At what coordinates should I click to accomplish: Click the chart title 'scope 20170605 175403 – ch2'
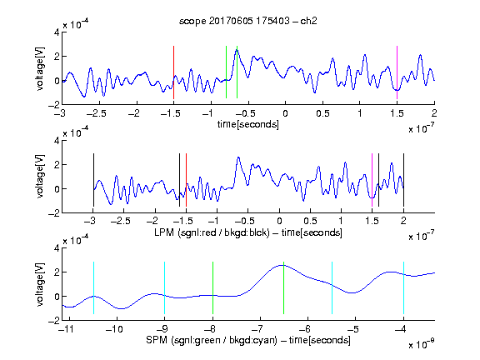coord(248,21)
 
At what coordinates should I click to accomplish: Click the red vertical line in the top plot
coord(173,72)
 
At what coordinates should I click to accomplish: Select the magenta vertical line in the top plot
coord(397,72)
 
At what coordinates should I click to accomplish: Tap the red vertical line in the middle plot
coord(186,180)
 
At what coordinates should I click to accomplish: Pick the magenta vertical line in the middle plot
coord(372,180)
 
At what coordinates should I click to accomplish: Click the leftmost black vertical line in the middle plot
coord(93,180)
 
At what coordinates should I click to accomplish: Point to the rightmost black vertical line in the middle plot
coord(403,180)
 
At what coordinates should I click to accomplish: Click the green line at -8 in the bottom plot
coord(212,287)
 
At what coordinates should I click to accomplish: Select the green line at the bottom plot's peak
coord(284,287)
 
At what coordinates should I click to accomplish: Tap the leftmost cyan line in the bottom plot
coord(93,287)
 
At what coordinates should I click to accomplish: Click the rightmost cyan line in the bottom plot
coord(403,287)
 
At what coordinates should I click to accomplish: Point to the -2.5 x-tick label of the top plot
coord(96,113)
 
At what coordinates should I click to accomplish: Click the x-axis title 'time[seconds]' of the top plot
coord(248,124)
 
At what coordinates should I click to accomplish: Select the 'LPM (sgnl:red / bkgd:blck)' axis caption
coord(212,232)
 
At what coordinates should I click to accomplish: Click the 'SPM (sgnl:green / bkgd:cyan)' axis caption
coord(212,340)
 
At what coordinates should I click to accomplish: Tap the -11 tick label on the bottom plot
coord(67,329)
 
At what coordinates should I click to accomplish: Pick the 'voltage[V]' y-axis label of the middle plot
coord(40,177)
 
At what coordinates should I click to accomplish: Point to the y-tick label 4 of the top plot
coord(57,32)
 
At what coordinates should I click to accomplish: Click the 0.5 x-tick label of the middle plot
coord(310,221)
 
